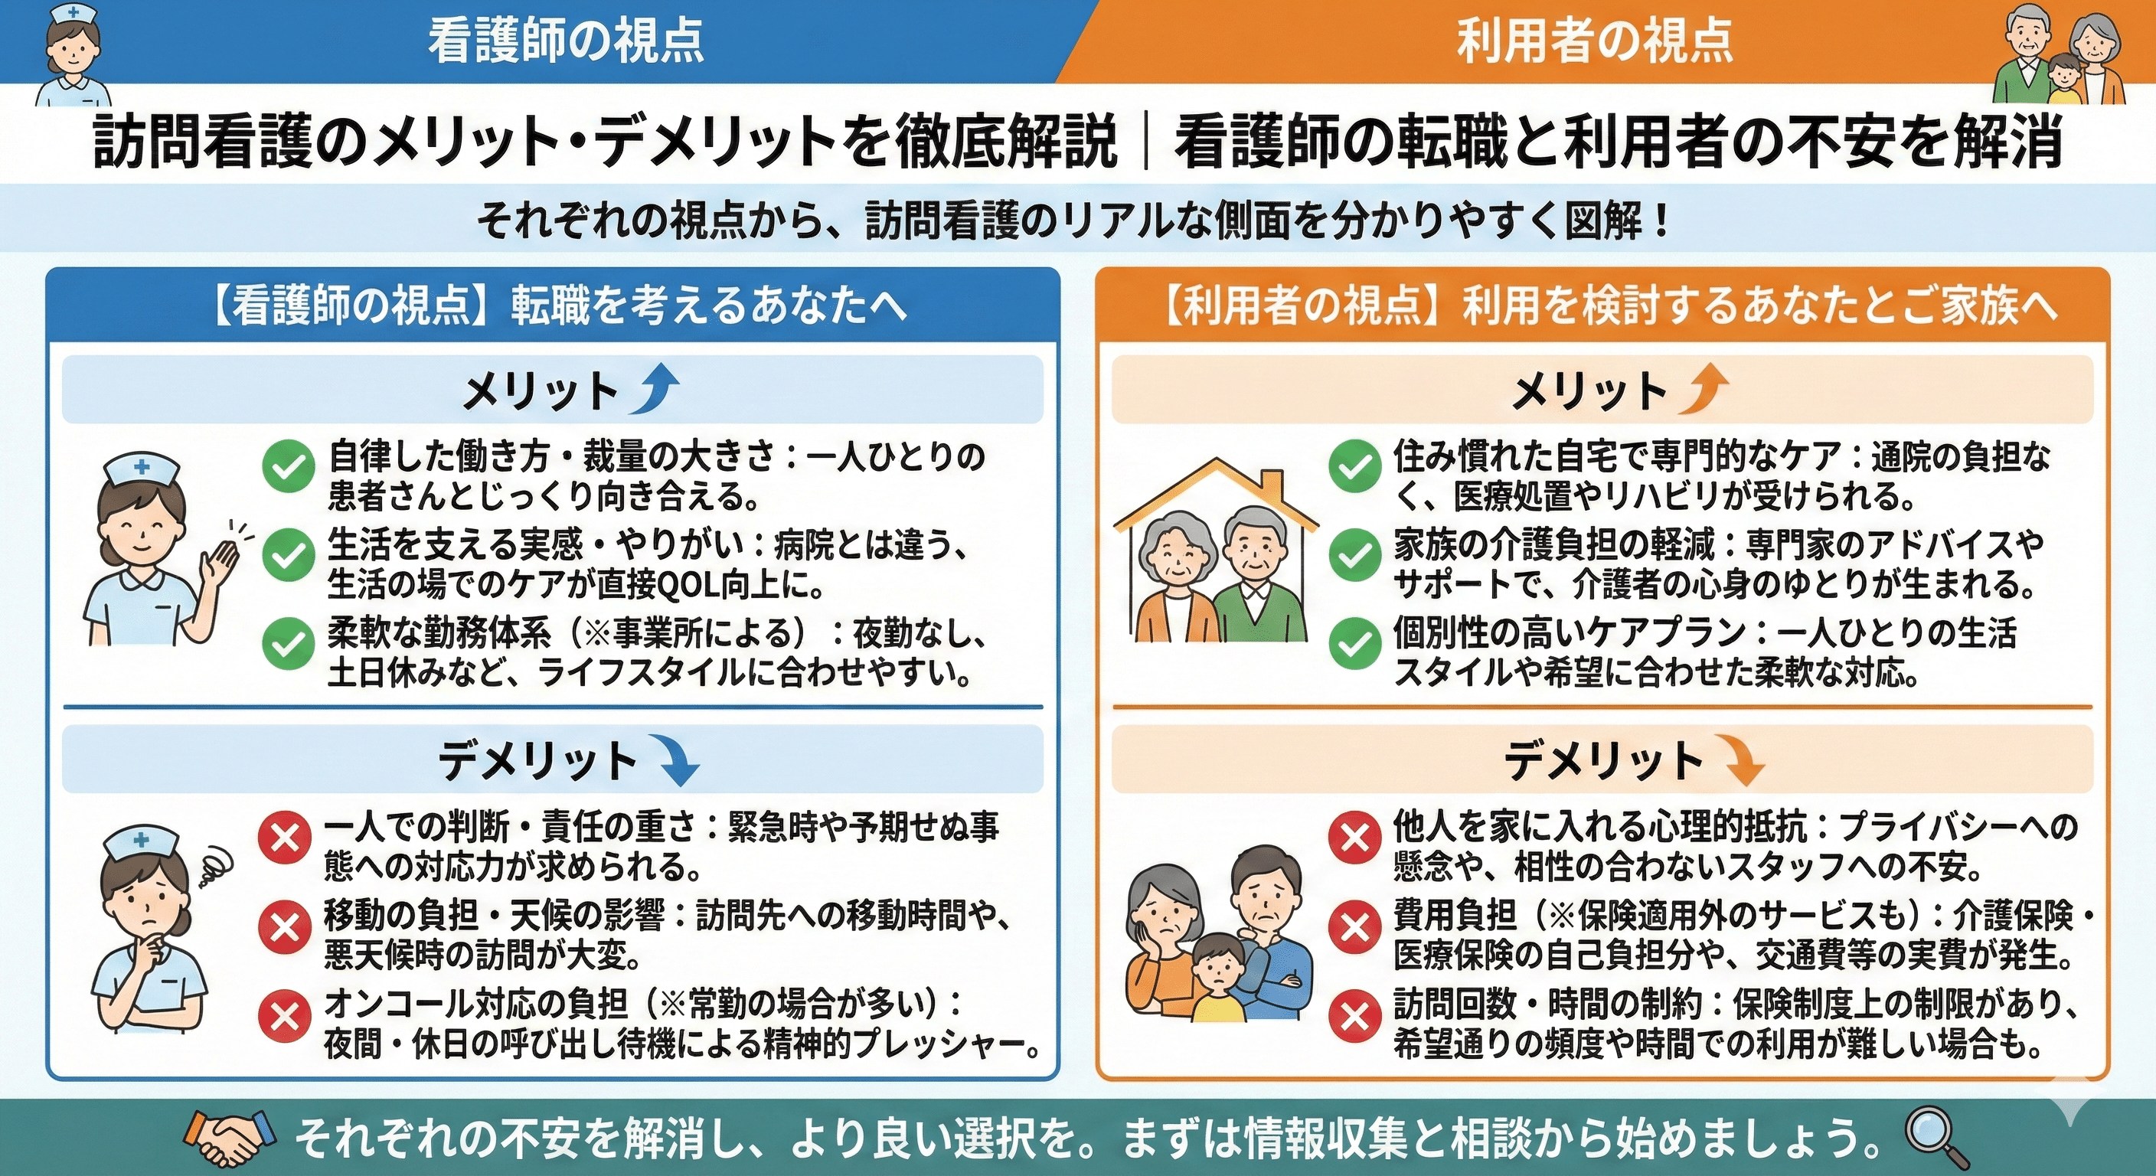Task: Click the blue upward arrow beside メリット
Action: [x=655, y=388]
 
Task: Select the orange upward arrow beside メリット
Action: [x=1704, y=388]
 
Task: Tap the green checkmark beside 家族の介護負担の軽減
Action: [x=1354, y=556]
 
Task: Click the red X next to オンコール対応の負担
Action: [x=285, y=1017]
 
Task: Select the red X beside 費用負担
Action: [x=1354, y=927]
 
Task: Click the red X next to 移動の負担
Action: [x=285, y=927]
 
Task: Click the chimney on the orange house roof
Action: [x=1272, y=486]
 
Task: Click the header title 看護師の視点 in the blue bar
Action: [x=566, y=40]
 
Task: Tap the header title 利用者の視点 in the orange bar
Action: [x=1593, y=40]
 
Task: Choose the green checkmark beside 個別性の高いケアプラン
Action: [x=1354, y=645]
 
